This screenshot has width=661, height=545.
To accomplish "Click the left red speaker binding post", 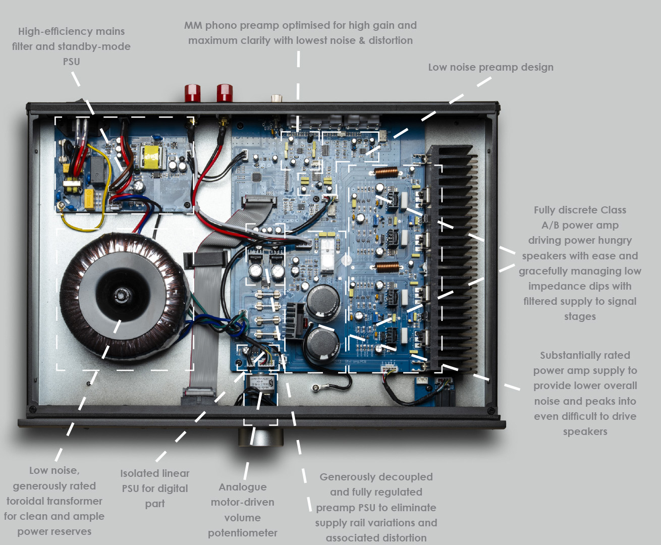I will coord(192,93).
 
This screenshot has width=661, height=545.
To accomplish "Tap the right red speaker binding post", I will coord(225,93).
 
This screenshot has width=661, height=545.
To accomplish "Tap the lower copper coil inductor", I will coord(386,266).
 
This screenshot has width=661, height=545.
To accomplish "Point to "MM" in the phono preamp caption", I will coord(193,25).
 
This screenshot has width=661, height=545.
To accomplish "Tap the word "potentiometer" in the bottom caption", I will coord(243,533).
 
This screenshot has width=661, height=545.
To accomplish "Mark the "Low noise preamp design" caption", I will coord(490,67).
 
